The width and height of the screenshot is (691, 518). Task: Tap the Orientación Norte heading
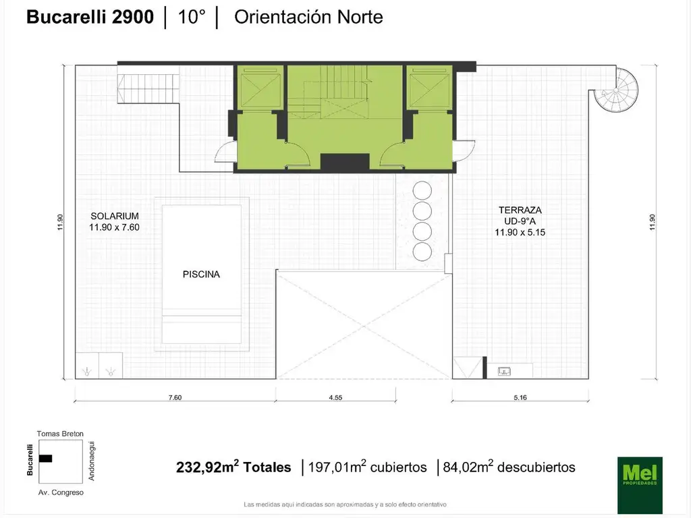pos(308,17)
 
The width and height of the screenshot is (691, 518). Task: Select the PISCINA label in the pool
pos(201,275)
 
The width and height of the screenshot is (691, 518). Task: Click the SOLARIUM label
pos(114,216)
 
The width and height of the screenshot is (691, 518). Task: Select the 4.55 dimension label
pos(335,397)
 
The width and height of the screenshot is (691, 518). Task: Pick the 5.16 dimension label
pos(520,397)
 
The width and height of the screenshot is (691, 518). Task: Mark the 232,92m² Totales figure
pos(233,467)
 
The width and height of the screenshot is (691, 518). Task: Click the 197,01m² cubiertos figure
pos(367,467)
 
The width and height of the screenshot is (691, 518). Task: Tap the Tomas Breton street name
pos(60,434)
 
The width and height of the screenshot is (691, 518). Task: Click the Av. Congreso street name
pos(60,493)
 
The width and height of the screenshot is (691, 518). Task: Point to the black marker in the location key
pos(45,459)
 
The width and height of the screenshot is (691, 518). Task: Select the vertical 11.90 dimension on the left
pos(60,222)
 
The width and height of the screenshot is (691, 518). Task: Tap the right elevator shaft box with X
pos(429,87)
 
